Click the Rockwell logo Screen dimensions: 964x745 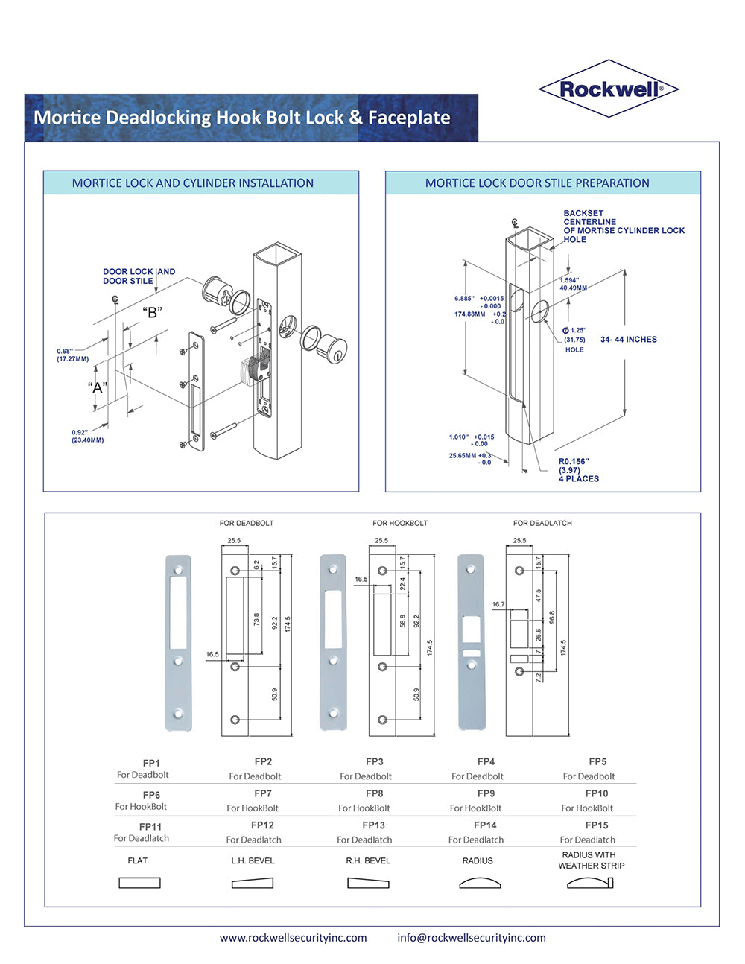pos(608,89)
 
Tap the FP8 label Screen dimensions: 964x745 pos(374,793)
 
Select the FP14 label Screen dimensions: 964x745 pos(485,825)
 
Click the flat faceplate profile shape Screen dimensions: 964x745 pos(139,883)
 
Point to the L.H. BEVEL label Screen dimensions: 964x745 pos(253,860)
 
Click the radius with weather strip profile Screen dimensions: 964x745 pos(590,883)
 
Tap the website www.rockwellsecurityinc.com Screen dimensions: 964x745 pos(293,938)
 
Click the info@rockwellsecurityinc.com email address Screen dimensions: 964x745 pos(472,938)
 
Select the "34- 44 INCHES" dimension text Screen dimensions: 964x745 pos(629,340)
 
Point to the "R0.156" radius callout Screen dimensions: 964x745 pos(574,462)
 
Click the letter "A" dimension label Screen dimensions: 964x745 pos(98,387)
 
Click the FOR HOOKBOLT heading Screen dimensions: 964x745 pos(400,523)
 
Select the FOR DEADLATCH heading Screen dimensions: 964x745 pos(542,523)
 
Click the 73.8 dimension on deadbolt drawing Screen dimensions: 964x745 pos(256,620)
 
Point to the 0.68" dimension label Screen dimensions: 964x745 pos(65,352)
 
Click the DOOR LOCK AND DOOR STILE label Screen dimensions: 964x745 pos(139,276)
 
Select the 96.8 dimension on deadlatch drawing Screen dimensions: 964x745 pos(552,618)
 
